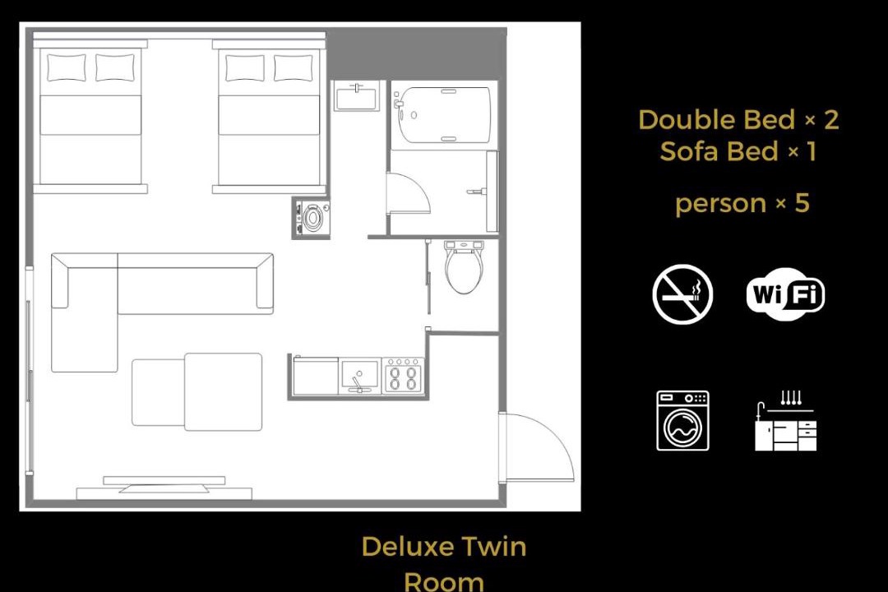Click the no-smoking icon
click(682, 294)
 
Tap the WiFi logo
click(785, 294)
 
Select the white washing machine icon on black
click(682, 421)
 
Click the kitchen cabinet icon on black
click(786, 421)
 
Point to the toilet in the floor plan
click(464, 267)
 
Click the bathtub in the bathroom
click(442, 115)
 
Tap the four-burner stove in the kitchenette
click(403, 376)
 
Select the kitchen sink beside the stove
click(359, 376)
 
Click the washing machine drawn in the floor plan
click(310, 218)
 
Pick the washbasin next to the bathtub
click(356, 96)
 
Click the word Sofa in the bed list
click(691, 152)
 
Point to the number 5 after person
click(802, 203)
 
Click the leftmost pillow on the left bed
click(67, 68)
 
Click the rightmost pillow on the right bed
click(294, 68)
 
